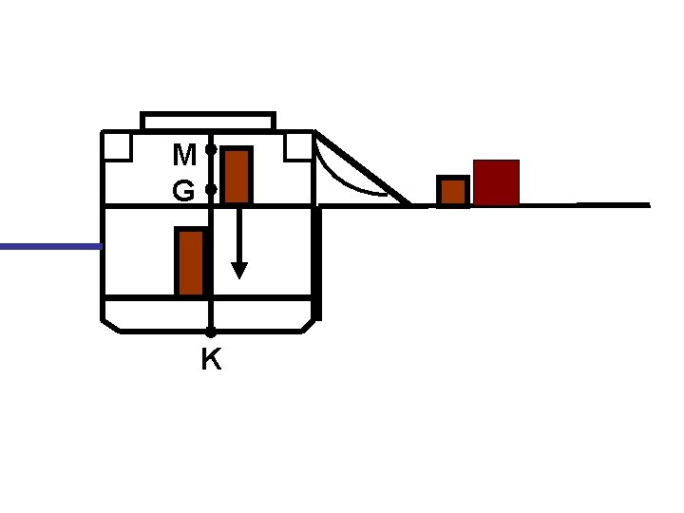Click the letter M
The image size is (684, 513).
click(x=184, y=154)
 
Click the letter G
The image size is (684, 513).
click(x=184, y=192)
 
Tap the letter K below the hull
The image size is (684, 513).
click(x=211, y=360)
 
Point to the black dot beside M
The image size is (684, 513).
click(x=211, y=149)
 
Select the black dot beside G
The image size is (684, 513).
click(x=211, y=190)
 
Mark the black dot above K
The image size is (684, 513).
click(x=211, y=332)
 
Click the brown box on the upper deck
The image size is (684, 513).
click(x=237, y=176)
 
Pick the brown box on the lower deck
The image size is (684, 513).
click(x=191, y=262)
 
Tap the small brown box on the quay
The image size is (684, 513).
click(x=453, y=191)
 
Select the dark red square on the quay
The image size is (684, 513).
click(x=496, y=182)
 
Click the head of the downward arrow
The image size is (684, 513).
click(x=239, y=270)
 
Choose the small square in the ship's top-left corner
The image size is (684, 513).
click(x=117, y=145)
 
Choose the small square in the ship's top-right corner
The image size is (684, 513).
click(x=298, y=145)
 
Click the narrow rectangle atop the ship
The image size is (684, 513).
click(x=208, y=121)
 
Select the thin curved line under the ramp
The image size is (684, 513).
click(x=342, y=180)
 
